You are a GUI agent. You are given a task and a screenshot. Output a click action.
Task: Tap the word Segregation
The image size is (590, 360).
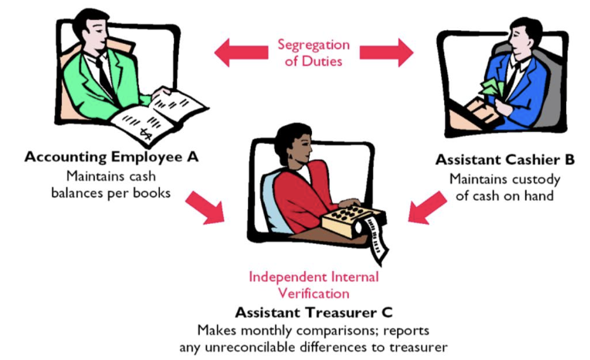tap(314, 45)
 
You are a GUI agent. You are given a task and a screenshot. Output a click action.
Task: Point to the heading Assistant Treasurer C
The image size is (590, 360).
tap(313, 312)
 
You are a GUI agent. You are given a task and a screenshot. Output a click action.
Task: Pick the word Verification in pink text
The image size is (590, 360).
tap(314, 294)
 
